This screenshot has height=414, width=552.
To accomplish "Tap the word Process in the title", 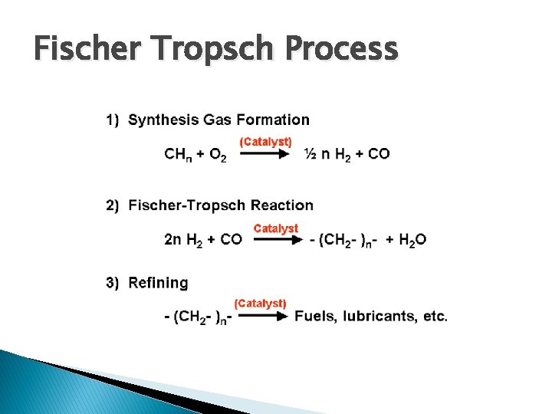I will click(342, 50).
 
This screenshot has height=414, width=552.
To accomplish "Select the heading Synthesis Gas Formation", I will click(219, 120).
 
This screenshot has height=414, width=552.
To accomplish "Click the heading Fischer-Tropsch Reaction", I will click(221, 205).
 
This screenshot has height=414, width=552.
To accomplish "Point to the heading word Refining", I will click(158, 283).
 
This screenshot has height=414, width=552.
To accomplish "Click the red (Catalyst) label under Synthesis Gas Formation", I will click(266, 142).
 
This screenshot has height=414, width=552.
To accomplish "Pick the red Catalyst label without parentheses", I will click(276, 228).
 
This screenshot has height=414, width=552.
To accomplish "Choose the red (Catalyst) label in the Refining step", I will click(261, 304).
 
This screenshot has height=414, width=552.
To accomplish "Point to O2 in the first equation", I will click(217, 155).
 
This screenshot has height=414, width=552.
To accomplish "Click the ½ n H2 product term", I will click(330, 154).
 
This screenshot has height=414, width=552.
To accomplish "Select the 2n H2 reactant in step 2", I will click(183, 240).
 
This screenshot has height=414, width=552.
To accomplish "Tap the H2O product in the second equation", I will click(410, 240).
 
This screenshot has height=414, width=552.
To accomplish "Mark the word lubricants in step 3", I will click(376, 316).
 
